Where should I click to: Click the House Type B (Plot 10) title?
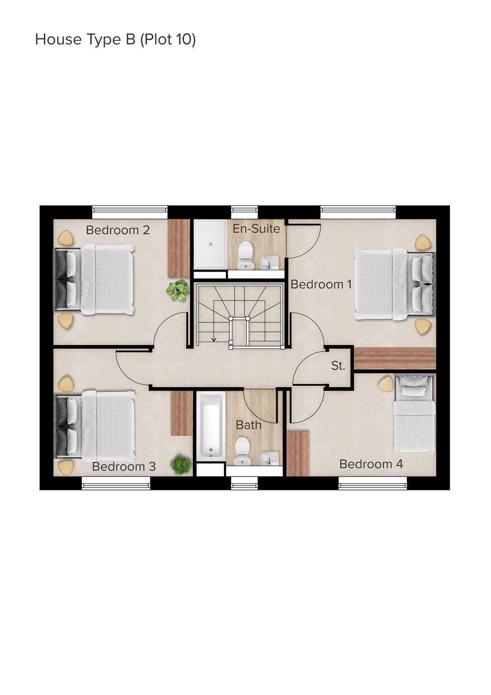[115, 40]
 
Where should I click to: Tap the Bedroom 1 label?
[321, 285]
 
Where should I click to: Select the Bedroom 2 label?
[118, 230]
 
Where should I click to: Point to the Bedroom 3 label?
[124, 467]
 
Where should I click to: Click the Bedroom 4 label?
[371, 464]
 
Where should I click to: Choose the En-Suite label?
[256, 229]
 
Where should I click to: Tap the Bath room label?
[248, 425]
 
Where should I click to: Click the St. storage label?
[338, 366]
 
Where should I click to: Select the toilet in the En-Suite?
[245, 255]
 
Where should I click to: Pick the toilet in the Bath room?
[243, 451]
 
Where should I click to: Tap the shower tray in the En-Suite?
[210, 244]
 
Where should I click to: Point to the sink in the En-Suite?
[270, 262]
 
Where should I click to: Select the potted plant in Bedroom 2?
[178, 290]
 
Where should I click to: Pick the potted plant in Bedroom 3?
[181, 465]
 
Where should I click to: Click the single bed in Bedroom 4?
[414, 414]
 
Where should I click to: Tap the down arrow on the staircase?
[214, 339]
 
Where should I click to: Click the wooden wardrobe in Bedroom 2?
[179, 248]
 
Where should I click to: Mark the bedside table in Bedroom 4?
[386, 385]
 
